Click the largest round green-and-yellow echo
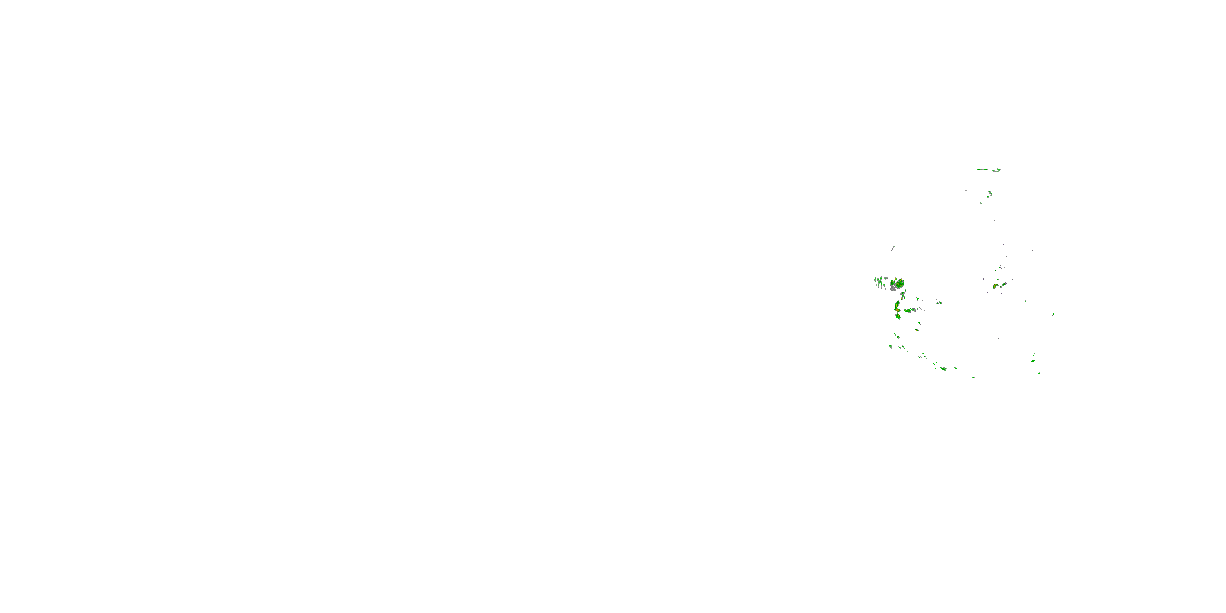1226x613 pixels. (899, 284)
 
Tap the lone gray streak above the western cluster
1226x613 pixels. (893, 248)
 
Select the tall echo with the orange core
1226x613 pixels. (897, 309)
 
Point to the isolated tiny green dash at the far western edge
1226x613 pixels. (870, 312)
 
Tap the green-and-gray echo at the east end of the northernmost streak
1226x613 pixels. (996, 170)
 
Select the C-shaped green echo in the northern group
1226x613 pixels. (990, 194)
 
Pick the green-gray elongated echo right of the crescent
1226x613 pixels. (1003, 284)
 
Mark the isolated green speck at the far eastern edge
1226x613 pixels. (1053, 314)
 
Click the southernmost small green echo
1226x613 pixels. (974, 378)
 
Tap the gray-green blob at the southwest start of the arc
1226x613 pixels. (890, 346)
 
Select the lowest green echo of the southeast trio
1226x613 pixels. (1038, 373)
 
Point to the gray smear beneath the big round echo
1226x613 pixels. (893, 289)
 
